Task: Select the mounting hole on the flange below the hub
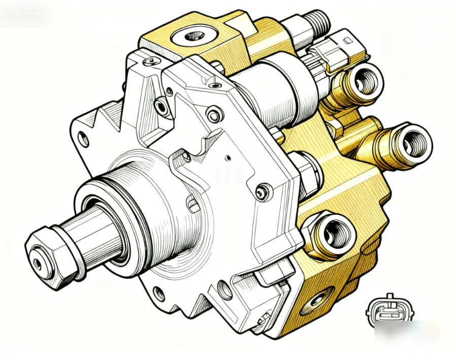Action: pyautogui.click(x=159, y=293)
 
